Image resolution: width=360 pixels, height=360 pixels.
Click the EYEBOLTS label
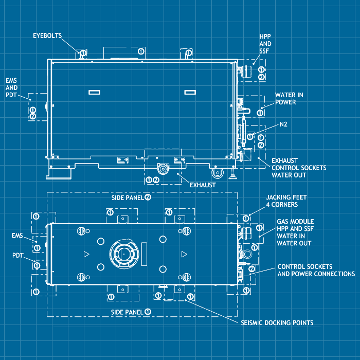click(47, 35)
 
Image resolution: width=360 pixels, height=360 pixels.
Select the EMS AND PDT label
click(11, 88)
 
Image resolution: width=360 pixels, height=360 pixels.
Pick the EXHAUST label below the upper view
click(202, 184)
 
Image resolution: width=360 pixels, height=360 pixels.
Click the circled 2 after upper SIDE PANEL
click(148, 197)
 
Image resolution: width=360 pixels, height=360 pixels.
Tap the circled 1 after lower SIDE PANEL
click(148, 312)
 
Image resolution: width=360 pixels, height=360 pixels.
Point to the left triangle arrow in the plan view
click(86, 254)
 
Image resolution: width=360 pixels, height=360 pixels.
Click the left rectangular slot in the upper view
click(94, 92)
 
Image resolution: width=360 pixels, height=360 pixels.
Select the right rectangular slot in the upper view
click(190, 92)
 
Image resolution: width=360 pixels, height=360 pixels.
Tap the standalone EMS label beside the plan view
click(17, 236)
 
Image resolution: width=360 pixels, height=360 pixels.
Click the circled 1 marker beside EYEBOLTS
click(83, 52)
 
